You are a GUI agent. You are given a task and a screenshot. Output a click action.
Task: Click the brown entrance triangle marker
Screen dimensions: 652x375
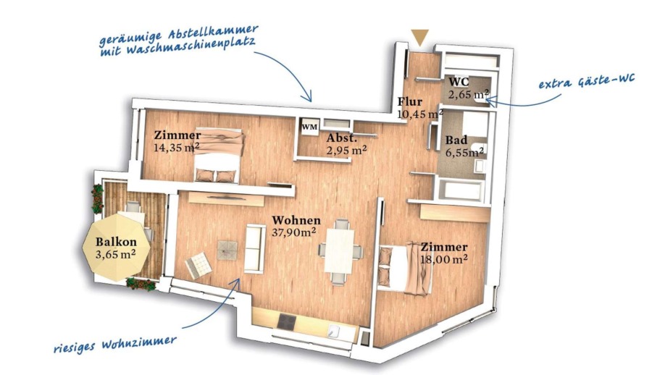point(419,37)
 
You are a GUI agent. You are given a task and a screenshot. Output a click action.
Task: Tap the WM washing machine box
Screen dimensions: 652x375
point(309,127)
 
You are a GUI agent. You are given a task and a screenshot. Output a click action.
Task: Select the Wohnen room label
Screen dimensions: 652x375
point(296,220)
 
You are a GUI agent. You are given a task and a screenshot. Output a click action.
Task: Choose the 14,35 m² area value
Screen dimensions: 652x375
point(176,147)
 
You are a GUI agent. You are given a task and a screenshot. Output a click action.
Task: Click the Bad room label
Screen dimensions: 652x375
point(456,140)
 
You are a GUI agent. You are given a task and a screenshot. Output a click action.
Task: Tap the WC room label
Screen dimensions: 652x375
point(459,82)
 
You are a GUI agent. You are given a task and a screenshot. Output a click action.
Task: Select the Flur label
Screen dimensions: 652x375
point(409,101)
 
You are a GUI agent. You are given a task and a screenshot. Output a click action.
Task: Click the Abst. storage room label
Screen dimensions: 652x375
point(341,138)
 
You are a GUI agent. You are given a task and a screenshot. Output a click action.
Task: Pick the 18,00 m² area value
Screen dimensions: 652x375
point(444,259)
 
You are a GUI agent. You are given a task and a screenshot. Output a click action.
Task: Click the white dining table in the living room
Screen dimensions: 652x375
point(340,251)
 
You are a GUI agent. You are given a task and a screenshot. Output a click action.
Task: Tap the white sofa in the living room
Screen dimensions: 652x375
point(254,248)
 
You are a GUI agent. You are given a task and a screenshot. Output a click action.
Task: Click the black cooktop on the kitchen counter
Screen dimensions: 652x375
point(287,321)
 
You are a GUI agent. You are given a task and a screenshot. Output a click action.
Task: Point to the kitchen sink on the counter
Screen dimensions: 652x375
point(334,331)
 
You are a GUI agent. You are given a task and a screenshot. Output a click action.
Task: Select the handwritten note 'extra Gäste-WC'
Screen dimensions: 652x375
point(587,81)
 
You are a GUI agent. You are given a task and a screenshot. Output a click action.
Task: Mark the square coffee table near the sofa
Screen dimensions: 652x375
point(227,250)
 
